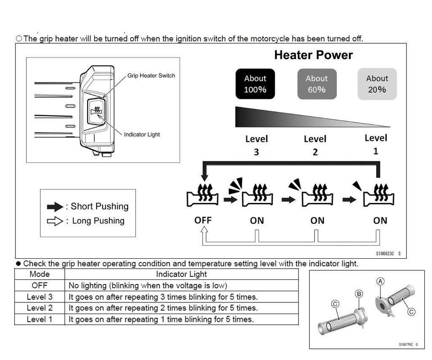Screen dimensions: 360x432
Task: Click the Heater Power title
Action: coord(313,55)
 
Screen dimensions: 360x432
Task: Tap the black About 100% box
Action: coord(255,84)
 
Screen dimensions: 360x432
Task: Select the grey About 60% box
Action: coord(317,84)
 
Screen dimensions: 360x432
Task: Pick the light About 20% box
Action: coord(377,84)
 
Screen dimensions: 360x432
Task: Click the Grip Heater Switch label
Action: coord(151,76)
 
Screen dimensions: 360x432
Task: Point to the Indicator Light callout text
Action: coord(142,135)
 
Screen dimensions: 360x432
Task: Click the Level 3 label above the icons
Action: coord(256,145)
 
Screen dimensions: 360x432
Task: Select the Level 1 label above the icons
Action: coord(376,144)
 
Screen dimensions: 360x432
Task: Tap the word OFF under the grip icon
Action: coord(203,220)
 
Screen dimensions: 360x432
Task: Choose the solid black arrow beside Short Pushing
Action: coord(55,207)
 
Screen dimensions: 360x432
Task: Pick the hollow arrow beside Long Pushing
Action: coord(55,221)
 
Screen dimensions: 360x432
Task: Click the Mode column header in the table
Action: coord(40,274)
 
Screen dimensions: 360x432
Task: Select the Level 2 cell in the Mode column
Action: coord(40,308)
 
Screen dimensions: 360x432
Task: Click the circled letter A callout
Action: coord(380,281)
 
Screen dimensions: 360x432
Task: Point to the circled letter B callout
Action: coord(359,294)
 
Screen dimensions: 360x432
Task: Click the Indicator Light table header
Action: coord(181,274)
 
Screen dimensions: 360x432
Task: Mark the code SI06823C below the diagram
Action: coord(385,254)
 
